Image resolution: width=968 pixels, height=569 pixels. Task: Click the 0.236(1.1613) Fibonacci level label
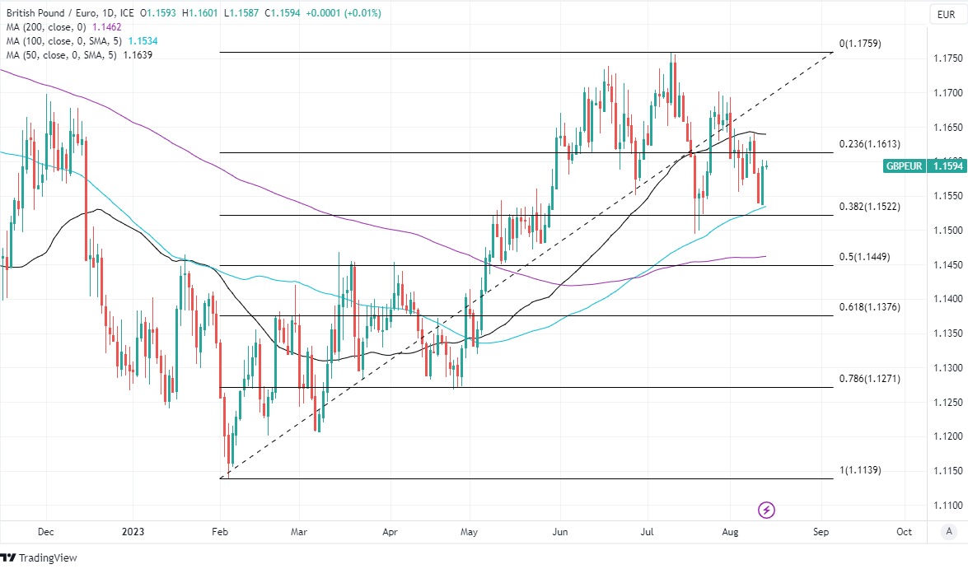tap(869, 144)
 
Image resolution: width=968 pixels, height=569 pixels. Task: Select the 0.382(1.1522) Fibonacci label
tap(869, 206)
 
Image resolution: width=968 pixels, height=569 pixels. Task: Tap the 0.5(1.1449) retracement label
tap(864, 257)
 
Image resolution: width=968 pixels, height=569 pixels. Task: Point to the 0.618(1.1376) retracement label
tap(869, 307)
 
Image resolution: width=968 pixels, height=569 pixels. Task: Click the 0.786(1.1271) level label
tap(869, 379)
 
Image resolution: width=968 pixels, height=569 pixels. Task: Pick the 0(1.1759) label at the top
tap(859, 44)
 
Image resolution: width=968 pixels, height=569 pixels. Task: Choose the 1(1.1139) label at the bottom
tap(859, 470)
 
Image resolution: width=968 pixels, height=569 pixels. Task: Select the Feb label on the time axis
tap(219, 531)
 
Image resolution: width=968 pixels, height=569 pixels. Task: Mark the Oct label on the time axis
tap(904, 531)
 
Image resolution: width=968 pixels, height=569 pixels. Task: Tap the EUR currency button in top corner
tap(944, 14)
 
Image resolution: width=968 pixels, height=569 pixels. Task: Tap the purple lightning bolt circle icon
tap(767, 510)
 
